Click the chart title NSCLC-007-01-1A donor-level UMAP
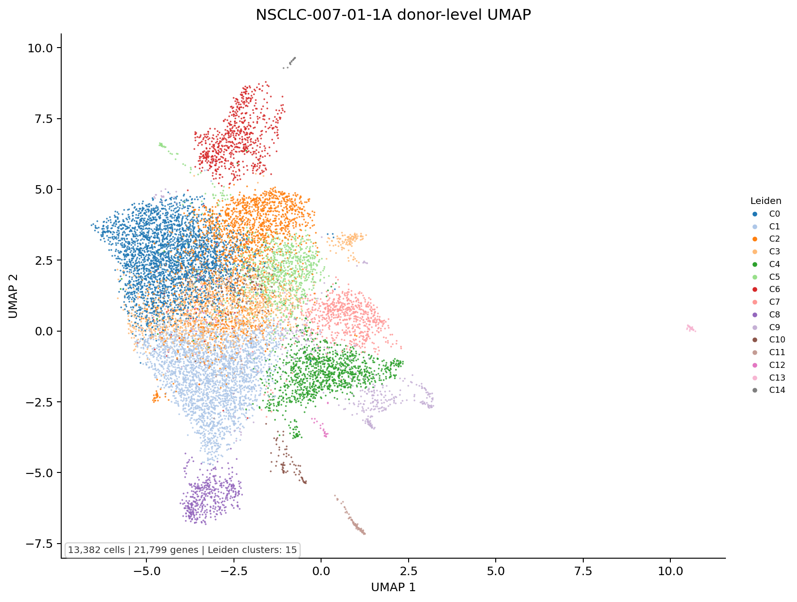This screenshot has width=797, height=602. point(393,15)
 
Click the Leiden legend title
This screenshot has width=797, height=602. point(766,201)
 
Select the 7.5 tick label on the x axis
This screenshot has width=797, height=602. point(583,572)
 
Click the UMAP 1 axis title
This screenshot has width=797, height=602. point(393,587)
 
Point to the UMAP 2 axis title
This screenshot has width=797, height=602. point(13,295)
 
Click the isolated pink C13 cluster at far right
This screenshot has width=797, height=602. point(691,328)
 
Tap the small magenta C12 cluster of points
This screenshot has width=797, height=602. point(323,430)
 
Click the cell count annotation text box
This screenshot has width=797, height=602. point(183,550)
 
